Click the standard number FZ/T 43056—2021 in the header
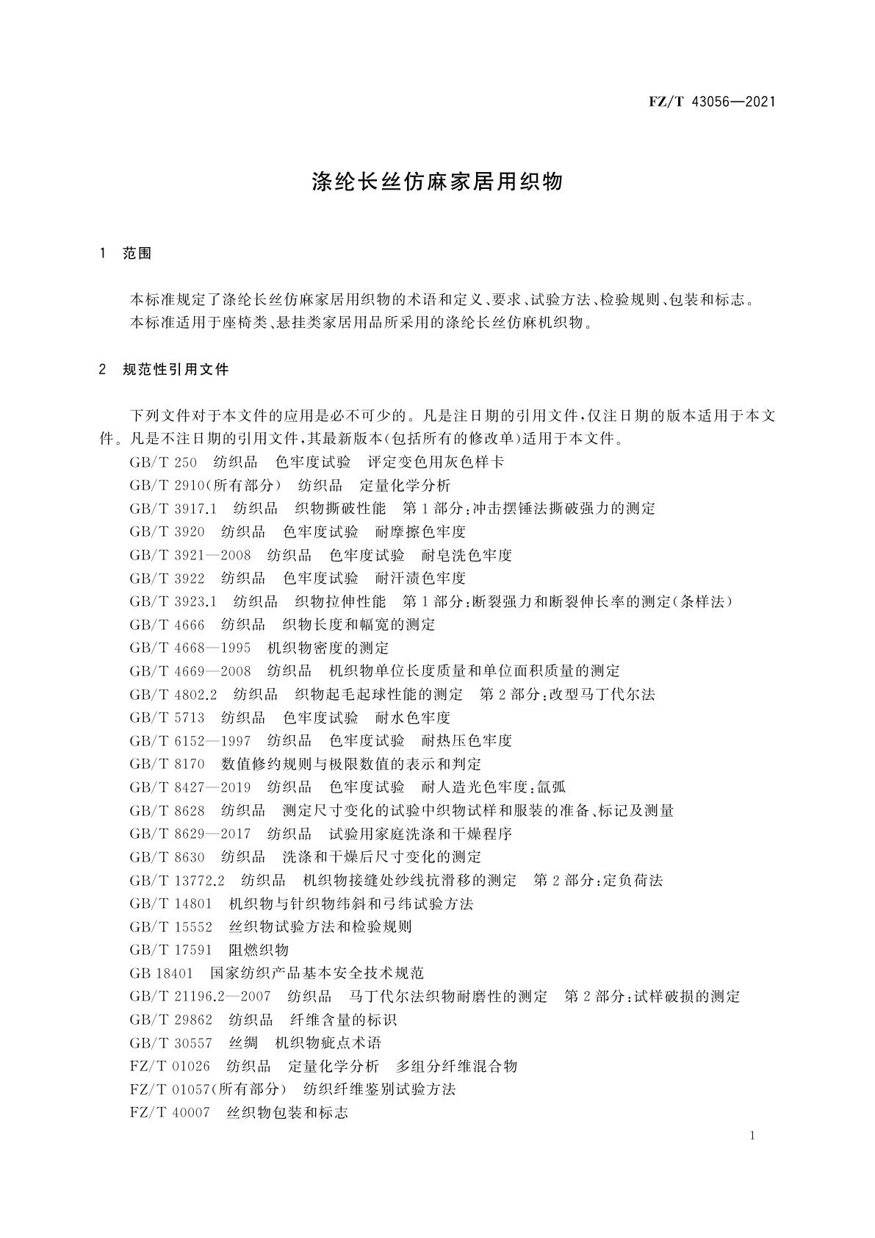click(712, 101)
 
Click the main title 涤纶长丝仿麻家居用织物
click(437, 182)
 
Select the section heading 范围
click(137, 254)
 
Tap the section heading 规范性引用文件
click(176, 370)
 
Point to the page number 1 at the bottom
click(752, 1136)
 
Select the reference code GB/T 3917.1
click(173, 509)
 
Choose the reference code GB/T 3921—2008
click(190, 555)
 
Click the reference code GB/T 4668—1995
click(190, 648)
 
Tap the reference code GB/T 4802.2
click(173, 694)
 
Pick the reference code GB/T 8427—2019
click(190, 787)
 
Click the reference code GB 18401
click(161, 973)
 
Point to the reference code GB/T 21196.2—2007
click(200, 997)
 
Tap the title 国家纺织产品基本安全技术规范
click(317, 973)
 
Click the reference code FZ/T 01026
click(170, 1067)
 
